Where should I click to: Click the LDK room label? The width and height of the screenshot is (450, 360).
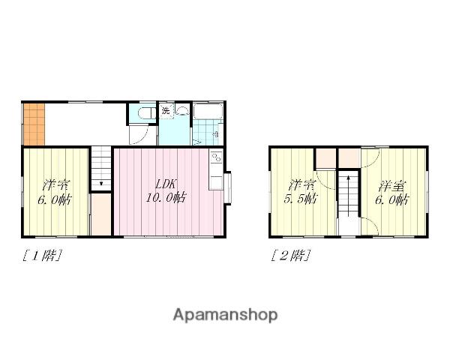[x=166, y=184]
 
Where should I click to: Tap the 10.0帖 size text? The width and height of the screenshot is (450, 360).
[x=166, y=197]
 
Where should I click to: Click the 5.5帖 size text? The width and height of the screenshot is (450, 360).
[x=301, y=198]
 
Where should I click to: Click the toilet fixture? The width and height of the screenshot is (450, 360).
[x=146, y=112]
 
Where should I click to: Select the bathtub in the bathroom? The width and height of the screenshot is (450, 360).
[x=208, y=112]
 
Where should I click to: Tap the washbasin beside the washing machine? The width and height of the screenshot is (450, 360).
[x=182, y=110]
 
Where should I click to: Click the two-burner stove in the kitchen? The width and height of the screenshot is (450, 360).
[x=217, y=158]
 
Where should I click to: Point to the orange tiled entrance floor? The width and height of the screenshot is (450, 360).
[x=34, y=124]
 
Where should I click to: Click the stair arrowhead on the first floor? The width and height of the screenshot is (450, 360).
[x=101, y=183]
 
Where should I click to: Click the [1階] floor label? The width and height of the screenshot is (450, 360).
[x=42, y=256]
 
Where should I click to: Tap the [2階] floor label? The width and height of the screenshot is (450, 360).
[x=290, y=255]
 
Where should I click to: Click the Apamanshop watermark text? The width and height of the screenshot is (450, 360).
[x=225, y=315]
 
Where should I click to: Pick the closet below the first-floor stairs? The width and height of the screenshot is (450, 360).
[x=101, y=214]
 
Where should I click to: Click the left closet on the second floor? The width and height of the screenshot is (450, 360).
[x=325, y=158]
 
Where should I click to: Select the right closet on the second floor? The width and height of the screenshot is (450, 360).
[x=349, y=158]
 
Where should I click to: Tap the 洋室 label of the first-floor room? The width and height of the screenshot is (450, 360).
[x=56, y=185]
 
